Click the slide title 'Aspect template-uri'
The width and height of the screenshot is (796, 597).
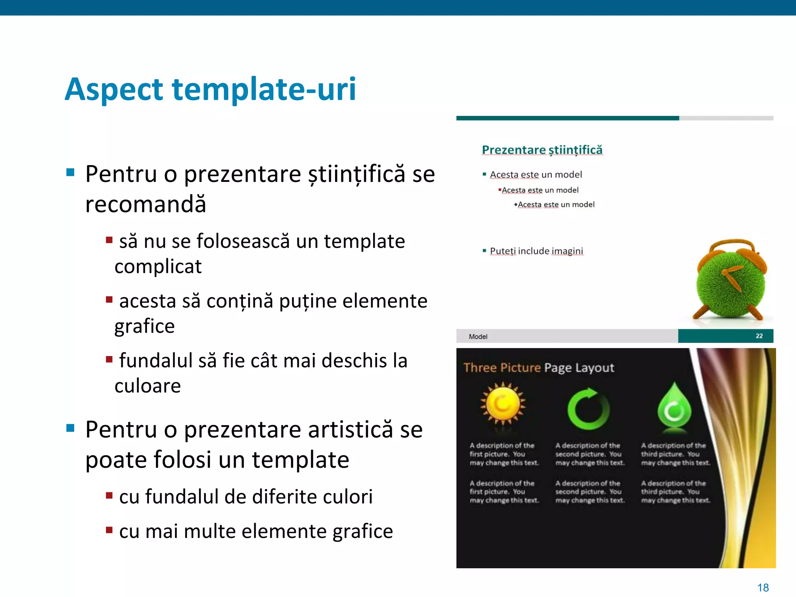pyautogui.click(x=210, y=89)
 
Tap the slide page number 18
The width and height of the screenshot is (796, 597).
pyautogui.click(x=763, y=588)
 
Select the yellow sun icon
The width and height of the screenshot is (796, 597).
pyautogui.click(x=503, y=403)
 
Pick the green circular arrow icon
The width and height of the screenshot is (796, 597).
pyautogui.click(x=588, y=408)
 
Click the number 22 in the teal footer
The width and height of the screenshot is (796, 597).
pyautogui.click(x=759, y=336)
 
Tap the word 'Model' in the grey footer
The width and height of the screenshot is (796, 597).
pyautogui.click(x=478, y=337)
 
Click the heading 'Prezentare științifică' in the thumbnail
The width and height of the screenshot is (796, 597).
pyautogui.click(x=542, y=150)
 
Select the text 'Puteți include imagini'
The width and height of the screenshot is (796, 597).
pyautogui.click(x=536, y=251)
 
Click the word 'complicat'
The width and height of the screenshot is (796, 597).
pyautogui.click(x=158, y=267)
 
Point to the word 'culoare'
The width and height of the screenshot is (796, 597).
pyautogui.click(x=148, y=386)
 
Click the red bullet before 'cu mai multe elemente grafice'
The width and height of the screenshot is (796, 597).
pyautogui.click(x=109, y=530)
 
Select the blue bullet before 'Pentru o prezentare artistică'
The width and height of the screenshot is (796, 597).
pyautogui.click(x=70, y=428)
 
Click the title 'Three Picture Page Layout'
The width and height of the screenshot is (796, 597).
pyautogui.click(x=539, y=368)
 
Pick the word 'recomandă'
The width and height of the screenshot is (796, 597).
pyautogui.click(x=145, y=204)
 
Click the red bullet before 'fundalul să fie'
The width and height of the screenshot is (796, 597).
pyautogui.click(x=109, y=359)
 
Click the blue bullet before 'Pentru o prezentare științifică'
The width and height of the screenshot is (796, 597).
pyautogui.click(x=70, y=172)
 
